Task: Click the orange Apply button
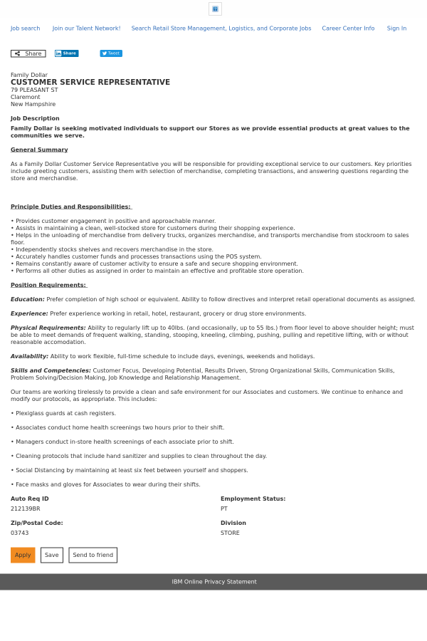click(x=23, y=555)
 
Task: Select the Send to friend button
click(x=93, y=555)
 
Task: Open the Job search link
click(x=25, y=28)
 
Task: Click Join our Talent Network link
click(x=86, y=28)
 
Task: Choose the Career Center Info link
click(x=348, y=28)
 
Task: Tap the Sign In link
click(x=396, y=28)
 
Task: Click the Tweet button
click(x=111, y=53)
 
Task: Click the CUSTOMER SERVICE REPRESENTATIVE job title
click(x=90, y=83)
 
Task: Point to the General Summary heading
click(x=39, y=150)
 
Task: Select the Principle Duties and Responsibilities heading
click(x=70, y=207)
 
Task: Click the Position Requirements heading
click(x=48, y=285)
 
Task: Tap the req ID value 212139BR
click(x=26, y=509)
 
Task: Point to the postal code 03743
click(x=20, y=533)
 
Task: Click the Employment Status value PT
click(x=224, y=509)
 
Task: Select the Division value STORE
click(x=230, y=533)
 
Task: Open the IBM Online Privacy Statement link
click(x=213, y=582)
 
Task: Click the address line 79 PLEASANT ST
click(x=34, y=90)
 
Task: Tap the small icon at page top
click(x=215, y=9)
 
